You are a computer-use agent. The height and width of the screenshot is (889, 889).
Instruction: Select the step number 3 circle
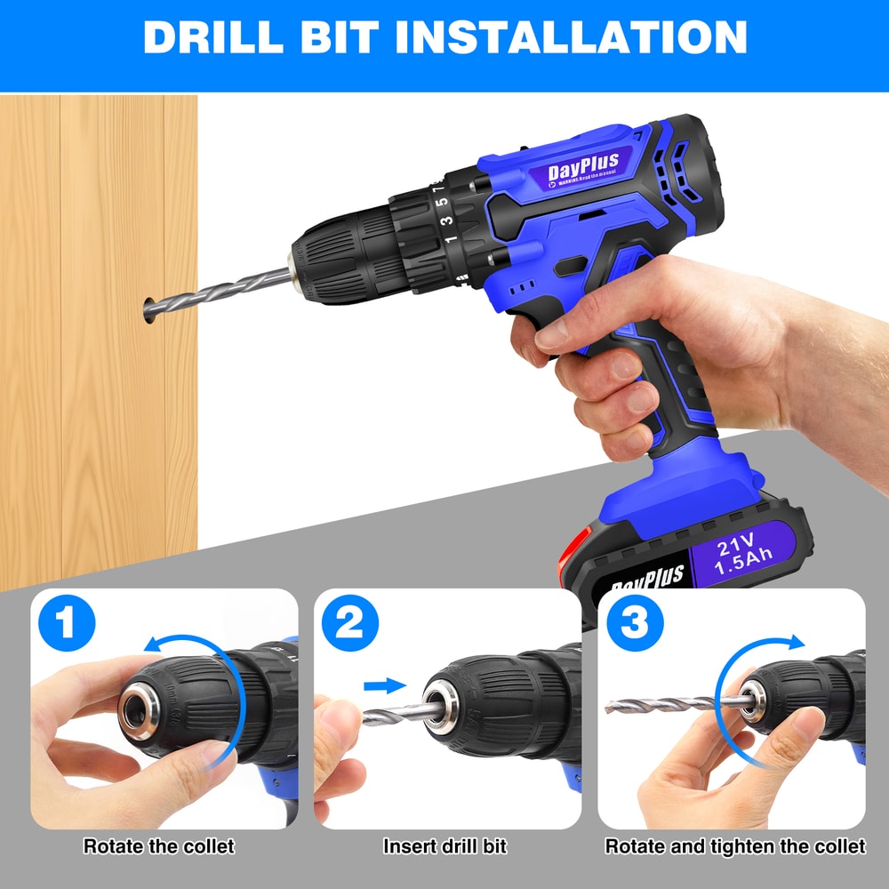pyautogui.click(x=634, y=625)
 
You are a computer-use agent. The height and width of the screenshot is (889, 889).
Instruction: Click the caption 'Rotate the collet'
pyautogui.click(x=159, y=845)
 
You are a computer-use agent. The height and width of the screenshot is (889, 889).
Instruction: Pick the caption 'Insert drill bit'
pyautogui.click(x=444, y=845)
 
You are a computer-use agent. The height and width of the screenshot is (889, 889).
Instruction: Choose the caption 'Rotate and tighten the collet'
pyautogui.click(x=734, y=845)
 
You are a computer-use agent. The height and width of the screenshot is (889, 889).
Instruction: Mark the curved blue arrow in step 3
pyautogui.click(x=756, y=653)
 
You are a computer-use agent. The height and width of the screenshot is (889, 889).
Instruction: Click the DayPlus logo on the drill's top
pyautogui.click(x=582, y=167)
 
